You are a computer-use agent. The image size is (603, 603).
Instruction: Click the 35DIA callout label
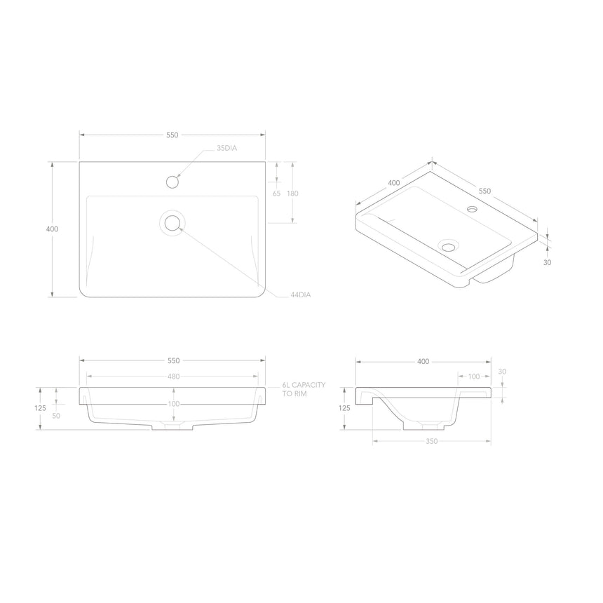(227, 149)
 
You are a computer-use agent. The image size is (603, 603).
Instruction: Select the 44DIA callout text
(300, 295)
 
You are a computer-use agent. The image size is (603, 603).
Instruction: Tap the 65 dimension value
(276, 193)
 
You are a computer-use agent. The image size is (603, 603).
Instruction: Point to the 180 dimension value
(292, 193)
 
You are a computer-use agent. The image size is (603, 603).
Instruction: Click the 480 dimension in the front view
(173, 377)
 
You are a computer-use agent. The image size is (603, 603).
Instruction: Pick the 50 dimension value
(55, 416)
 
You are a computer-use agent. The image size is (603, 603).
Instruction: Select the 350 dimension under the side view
(431, 442)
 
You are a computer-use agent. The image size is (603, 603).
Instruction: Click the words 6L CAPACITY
(303, 386)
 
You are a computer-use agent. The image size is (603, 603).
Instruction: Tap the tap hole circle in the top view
(172, 182)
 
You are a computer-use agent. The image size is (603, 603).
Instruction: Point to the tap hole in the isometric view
(472, 209)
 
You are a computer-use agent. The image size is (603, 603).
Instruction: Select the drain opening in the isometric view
(447, 246)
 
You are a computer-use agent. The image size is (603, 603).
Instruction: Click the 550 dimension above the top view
(172, 134)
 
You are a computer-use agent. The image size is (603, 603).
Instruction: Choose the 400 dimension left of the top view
(52, 229)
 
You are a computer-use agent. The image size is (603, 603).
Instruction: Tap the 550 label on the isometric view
(485, 191)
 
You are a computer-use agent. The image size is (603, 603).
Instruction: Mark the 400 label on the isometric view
(393, 183)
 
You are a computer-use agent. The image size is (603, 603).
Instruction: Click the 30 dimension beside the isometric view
(548, 263)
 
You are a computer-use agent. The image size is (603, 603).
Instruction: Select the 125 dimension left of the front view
(40, 407)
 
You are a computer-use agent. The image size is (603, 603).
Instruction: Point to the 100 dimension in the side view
(474, 377)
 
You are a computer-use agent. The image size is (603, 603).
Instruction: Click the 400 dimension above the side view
(423, 362)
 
